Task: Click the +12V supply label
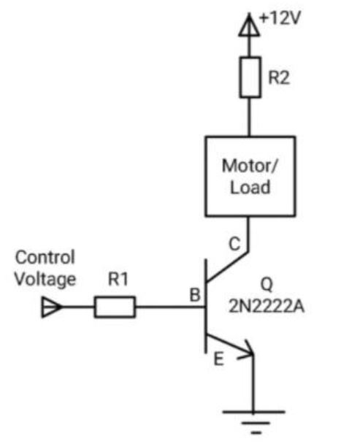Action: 280,19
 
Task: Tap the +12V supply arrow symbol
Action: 249,26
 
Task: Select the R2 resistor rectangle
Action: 250,77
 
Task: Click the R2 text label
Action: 279,77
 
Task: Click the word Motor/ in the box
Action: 250,166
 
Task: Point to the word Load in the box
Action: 250,187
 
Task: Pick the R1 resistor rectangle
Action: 115,307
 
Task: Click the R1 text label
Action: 118,279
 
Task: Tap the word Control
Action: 45,257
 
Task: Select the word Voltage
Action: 45,280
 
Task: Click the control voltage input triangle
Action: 52,307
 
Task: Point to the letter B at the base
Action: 195,295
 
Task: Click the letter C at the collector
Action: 234,244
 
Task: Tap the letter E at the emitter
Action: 218,359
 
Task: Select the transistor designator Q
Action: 267,285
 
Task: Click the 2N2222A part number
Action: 267,306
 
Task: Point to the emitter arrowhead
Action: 246,350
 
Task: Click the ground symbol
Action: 254,422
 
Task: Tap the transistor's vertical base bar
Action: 206,307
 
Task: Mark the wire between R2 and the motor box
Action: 250,118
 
